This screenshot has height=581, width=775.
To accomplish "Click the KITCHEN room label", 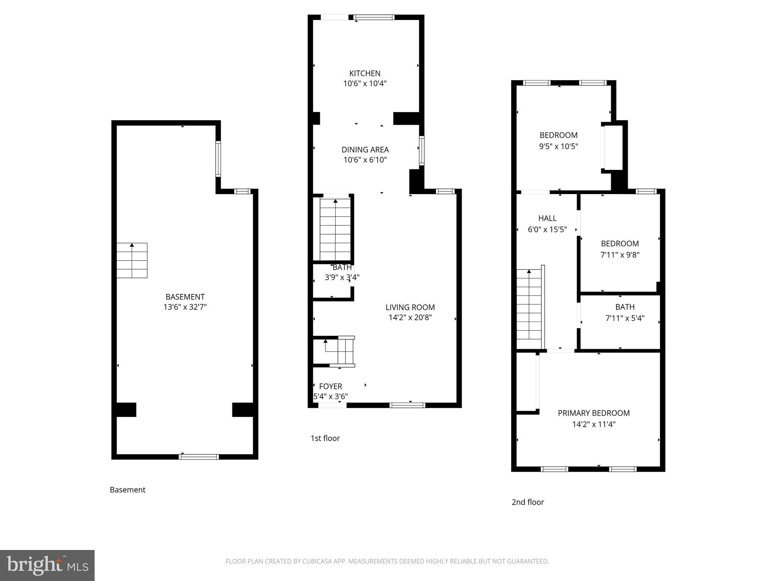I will click(x=364, y=73).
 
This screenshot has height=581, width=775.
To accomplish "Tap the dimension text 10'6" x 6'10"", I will click(x=365, y=160).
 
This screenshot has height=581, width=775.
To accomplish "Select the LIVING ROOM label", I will click(x=410, y=308).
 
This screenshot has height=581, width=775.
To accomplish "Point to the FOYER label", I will click(x=330, y=387).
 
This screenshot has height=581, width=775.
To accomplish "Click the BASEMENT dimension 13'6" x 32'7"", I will click(x=185, y=307).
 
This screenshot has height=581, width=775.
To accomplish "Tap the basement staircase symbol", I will click(x=132, y=261).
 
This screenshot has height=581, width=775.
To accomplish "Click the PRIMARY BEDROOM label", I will click(x=593, y=413).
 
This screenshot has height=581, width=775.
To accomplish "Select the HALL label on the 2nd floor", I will click(x=547, y=218).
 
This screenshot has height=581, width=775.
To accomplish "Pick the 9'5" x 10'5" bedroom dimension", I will click(x=558, y=146).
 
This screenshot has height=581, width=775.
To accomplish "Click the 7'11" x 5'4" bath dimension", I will click(x=625, y=318).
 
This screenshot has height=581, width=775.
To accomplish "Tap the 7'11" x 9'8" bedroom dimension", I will click(x=619, y=255).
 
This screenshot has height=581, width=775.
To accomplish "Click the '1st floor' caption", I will click(x=325, y=438).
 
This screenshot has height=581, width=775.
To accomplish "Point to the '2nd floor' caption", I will click(x=528, y=502).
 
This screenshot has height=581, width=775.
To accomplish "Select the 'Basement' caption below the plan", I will click(x=128, y=490).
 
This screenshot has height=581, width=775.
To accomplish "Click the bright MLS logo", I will click(x=47, y=565).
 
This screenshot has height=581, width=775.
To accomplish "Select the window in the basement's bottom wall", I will click(x=199, y=457).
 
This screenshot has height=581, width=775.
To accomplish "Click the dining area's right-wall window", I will click(x=422, y=151).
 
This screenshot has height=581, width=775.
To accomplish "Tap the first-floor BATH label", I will click(x=342, y=267).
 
